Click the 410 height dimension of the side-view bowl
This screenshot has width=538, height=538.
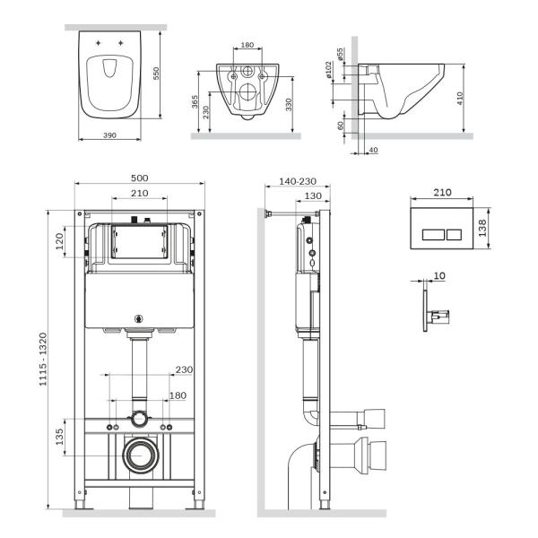click(460, 98)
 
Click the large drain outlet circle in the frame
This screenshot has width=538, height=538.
click(138, 456)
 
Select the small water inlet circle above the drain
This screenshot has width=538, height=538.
click(138, 418)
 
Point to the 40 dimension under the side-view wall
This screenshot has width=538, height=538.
click(373, 150)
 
